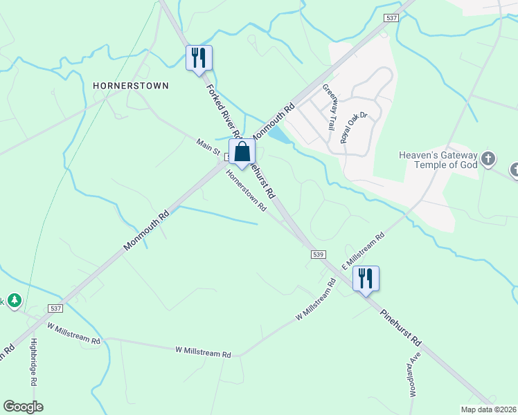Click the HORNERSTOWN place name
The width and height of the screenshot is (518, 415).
tap(131, 85)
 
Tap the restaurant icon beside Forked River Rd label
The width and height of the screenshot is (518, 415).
tap(199, 57)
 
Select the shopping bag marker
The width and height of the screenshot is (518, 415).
tap(242, 152)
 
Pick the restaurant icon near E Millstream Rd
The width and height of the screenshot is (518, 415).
tap(366, 279)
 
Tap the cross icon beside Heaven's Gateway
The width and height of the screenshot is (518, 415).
tap(488, 160)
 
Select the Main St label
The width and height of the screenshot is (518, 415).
tap(208, 147)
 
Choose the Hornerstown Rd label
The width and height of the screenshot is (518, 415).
tap(247, 189)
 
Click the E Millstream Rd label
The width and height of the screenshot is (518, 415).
tap(364, 246)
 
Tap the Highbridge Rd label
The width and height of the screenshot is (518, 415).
tap(33, 367)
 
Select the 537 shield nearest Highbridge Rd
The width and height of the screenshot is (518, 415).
tap(56, 307)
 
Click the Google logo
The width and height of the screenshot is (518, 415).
tap(23, 407)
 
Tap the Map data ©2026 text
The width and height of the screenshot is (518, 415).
tap(488, 409)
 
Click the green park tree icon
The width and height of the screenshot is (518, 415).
tap(15, 301)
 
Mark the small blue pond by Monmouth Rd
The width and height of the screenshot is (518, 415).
tap(278, 136)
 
